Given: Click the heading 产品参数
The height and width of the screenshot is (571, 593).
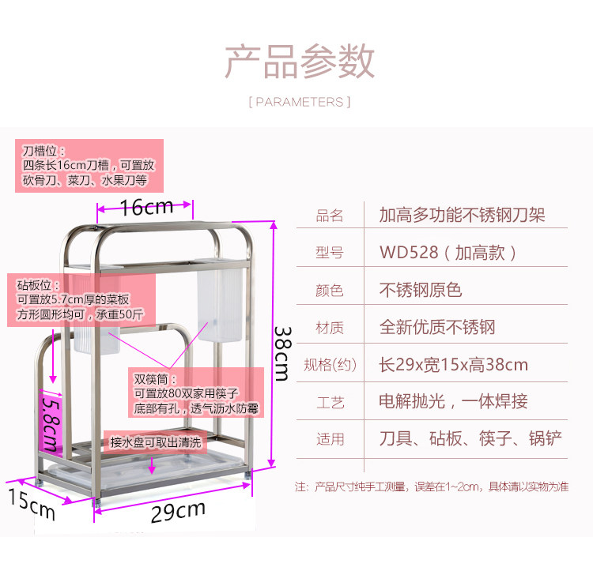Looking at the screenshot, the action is [x=300, y=62].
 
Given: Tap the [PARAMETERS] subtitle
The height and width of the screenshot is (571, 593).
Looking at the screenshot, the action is [x=300, y=102].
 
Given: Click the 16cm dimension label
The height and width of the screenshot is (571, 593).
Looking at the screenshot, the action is [x=146, y=207].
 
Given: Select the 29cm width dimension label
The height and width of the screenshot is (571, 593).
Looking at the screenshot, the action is [x=179, y=512].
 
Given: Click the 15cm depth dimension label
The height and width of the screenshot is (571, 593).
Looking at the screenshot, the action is [x=32, y=502].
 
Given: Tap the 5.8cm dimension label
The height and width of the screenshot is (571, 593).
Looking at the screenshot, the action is [x=51, y=420].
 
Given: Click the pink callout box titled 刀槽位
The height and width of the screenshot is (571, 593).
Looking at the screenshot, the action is [x=91, y=165].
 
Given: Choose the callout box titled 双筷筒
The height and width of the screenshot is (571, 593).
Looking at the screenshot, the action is [x=196, y=395].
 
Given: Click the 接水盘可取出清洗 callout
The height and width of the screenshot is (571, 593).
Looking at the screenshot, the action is [x=156, y=441].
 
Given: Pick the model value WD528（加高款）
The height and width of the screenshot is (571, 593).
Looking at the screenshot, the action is [x=448, y=253].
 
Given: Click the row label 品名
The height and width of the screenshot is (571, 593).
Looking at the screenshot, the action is [x=330, y=216].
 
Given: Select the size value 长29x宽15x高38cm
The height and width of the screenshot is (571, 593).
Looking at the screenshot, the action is [x=453, y=364].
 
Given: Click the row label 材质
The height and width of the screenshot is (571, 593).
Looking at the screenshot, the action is [x=330, y=328].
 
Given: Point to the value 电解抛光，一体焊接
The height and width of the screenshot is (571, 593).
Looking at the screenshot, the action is [x=453, y=401].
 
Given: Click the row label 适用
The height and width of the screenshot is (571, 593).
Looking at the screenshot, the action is [x=330, y=439].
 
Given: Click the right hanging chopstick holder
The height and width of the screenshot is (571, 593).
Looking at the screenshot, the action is [x=218, y=305].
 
